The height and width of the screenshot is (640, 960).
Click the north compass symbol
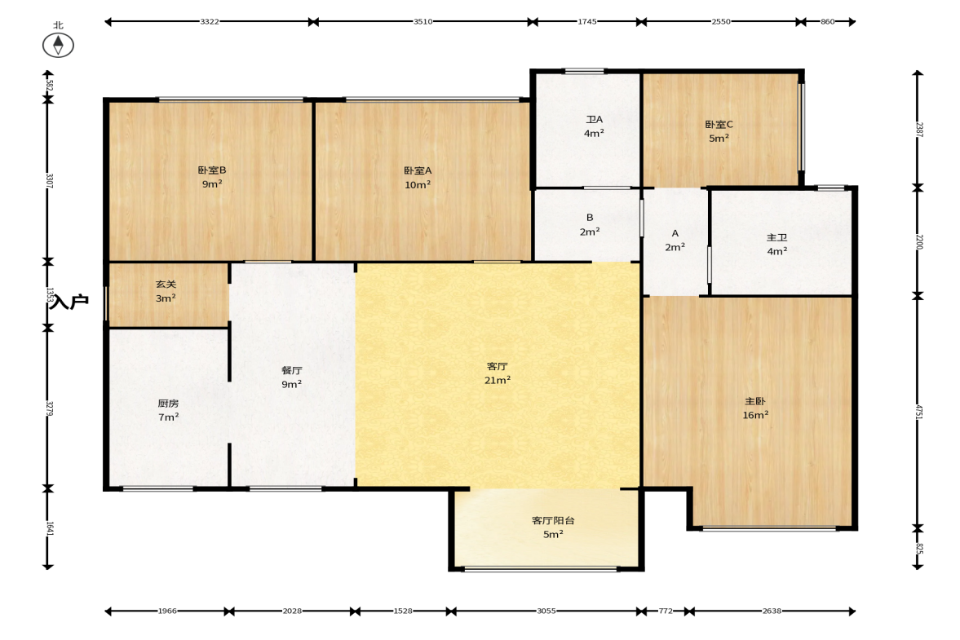pos(58,46)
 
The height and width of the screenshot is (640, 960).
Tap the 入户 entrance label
pos(69,301)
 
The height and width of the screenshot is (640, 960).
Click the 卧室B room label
pos(212,170)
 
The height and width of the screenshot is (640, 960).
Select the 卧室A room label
pos(418,170)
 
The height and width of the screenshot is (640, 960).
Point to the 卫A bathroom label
pos(594,119)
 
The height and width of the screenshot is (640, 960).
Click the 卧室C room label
pos(719,124)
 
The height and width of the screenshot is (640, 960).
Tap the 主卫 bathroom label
pos(777,237)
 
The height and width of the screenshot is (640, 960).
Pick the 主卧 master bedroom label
pos(755,401)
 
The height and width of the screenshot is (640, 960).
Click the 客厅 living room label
pos(498,367)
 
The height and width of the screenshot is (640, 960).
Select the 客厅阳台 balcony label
pos(553,521)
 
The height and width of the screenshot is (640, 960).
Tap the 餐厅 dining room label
pos(291,370)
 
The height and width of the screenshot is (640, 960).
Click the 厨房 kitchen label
pos(168,404)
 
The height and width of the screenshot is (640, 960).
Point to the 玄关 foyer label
pos(166,285)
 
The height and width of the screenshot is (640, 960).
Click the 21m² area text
pos(498,380)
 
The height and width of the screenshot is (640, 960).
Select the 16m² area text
pos(755,415)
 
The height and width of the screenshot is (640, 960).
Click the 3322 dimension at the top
pos(210,21)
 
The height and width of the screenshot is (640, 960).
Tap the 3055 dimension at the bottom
pos(546,611)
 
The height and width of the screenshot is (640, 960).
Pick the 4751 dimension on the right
pos(919,411)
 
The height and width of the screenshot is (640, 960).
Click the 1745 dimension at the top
pos(586,21)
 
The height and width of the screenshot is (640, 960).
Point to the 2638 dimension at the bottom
pos(772,611)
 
